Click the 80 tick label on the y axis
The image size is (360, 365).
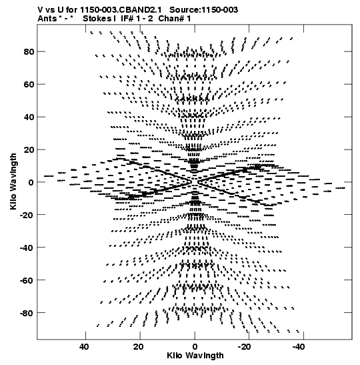(x=29, y=51)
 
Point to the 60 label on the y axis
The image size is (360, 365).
(x=29, y=84)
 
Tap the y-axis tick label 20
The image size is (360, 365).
(x=29, y=149)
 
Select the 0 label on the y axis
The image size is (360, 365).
(x=31, y=182)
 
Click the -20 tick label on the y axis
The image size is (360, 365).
(x=27, y=215)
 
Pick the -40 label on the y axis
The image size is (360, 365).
(x=27, y=248)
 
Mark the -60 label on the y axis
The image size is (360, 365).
(x=27, y=280)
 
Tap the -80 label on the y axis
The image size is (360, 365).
(x=27, y=313)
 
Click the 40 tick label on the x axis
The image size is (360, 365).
(x=84, y=347)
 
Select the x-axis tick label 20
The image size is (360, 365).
(x=139, y=347)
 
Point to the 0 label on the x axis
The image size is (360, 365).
(x=195, y=347)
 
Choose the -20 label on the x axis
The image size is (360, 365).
(x=244, y=347)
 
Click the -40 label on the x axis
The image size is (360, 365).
(x=299, y=347)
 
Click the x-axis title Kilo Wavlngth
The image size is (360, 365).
(x=195, y=356)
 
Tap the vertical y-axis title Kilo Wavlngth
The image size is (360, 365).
(x=13, y=181)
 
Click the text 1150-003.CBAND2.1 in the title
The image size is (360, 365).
(x=121, y=10)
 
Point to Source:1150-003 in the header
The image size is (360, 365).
(x=204, y=10)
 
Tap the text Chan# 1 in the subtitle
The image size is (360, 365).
(x=175, y=19)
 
